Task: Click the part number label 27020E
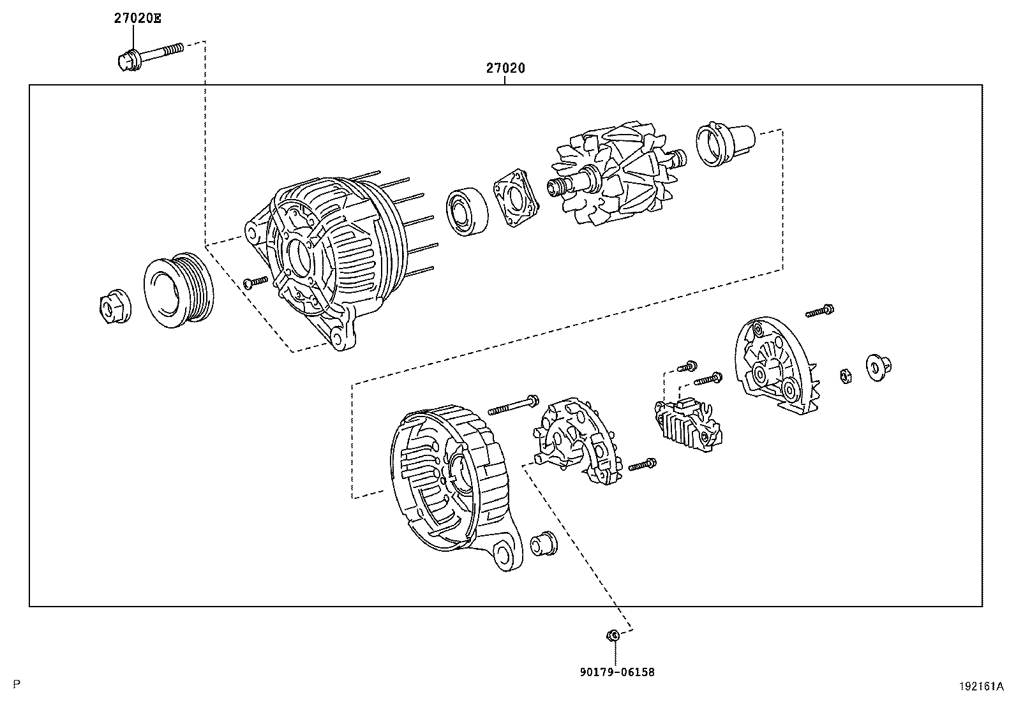(137, 18)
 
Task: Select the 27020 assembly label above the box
(505, 68)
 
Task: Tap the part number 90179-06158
(617, 672)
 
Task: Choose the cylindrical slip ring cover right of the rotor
(724, 144)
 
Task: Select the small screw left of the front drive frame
(256, 281)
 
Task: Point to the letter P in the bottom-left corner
(17, 684)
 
